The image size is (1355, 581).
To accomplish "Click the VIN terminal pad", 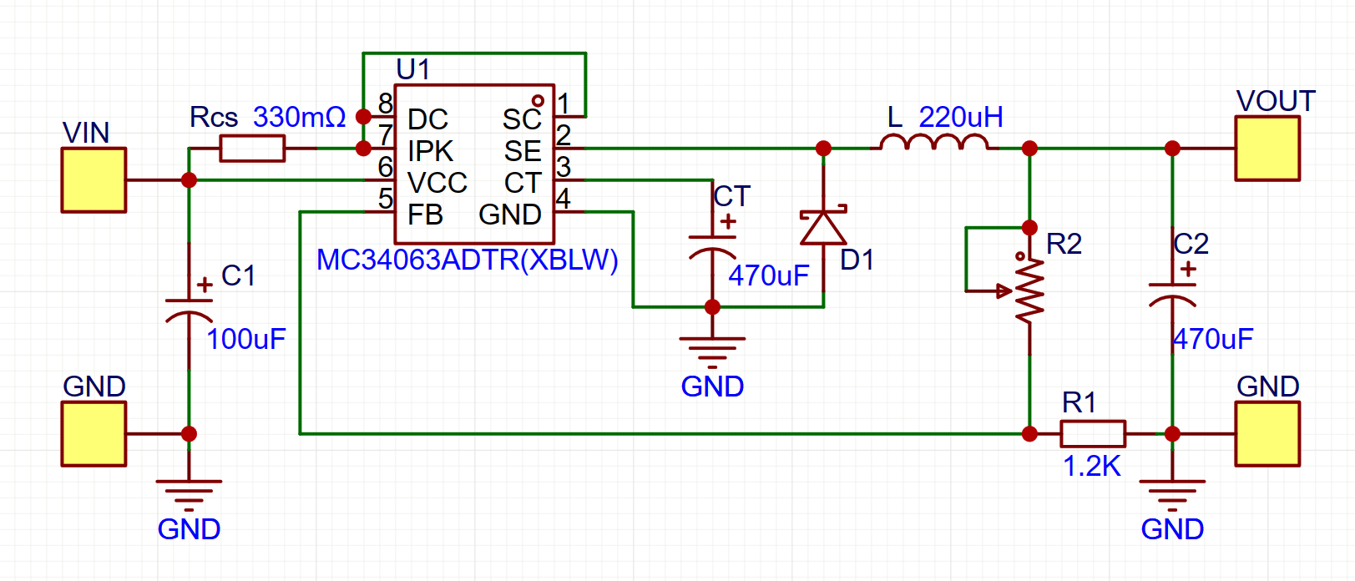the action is coord(94,180).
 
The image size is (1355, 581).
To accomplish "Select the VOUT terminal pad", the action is coord(1267,148).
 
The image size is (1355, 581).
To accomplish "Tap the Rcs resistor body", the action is coord(252,148).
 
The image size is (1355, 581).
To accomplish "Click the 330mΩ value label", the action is coord(300,118).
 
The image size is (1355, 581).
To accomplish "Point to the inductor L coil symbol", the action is coord(934,143).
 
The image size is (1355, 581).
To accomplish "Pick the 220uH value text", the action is coord(961,118).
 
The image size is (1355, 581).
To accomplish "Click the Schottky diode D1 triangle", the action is coord(823,227).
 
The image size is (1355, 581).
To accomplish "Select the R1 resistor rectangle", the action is coord(1093,434).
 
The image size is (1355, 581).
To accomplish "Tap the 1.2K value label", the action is coord(1092,466).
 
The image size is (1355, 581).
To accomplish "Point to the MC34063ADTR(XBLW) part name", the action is coord(467,260).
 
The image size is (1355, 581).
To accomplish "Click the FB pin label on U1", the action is coord(425,215).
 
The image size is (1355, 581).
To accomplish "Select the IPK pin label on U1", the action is coord(430,152).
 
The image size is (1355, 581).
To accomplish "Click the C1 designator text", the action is coord(238,275).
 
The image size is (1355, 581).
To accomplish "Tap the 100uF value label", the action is coord(246,339).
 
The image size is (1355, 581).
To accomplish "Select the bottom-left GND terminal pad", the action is coord(94,434).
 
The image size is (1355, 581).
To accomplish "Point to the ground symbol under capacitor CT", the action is coord(713,352).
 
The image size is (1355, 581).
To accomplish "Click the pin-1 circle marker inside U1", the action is coord(538,101).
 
